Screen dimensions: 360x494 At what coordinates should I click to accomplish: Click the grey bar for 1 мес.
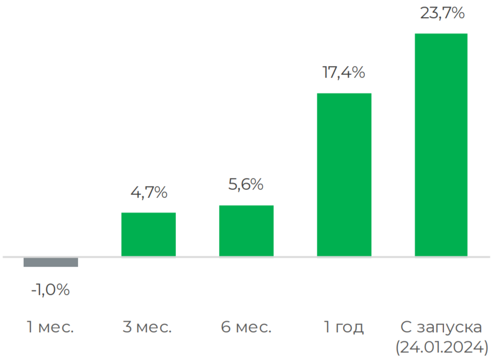tap(51, 262)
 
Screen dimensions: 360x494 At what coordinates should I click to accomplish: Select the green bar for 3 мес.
tap(149, 234)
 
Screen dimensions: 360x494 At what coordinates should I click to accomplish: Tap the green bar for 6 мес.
tap(246, 231)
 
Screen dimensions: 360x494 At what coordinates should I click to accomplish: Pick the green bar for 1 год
tap(344, 175)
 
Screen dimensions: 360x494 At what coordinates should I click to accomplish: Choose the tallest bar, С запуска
tap(441, 145)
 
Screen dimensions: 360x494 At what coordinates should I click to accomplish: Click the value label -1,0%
tap(50, 290)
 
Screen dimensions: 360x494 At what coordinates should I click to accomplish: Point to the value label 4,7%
tap(148, 193)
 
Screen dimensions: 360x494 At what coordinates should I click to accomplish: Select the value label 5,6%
tap(246, 185)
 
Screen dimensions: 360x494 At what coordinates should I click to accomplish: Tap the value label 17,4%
tap(344, 73)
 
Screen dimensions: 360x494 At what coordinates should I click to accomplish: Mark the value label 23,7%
tap(442, 13)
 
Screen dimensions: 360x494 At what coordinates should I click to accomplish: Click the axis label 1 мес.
tap(50, 327)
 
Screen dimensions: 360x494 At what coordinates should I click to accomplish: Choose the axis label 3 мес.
tap(147, 327)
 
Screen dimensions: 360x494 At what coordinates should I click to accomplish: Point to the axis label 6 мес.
tap(246, 327)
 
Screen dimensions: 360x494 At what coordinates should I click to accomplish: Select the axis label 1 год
tap(344, 327)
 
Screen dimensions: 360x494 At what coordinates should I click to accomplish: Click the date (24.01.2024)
tap(442, 347)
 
